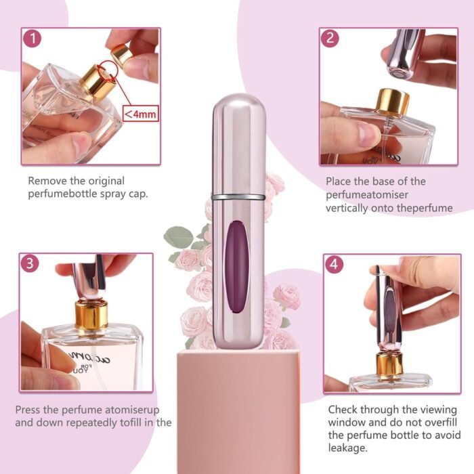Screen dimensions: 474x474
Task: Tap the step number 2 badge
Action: pyautogui.click(x=330, y=38)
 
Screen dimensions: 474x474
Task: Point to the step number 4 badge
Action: pyautogui.click(x=333, y=265)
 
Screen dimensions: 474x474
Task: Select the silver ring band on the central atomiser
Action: pyautogui.click(x=237, y=196)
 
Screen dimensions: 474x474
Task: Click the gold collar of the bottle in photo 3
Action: pyautogui.click(x=91, y=315)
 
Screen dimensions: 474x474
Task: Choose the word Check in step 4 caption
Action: pyautogui.click(x=343, y=410)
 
